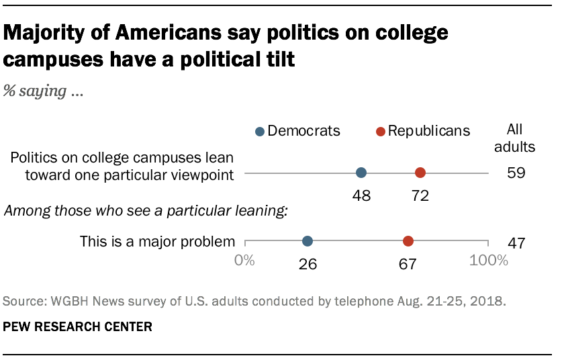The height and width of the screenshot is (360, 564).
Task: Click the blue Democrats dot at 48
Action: tap(361, 173)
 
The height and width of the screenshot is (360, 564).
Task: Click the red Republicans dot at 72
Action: tap(420, 173)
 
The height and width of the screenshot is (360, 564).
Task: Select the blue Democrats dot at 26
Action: tap(308, 241)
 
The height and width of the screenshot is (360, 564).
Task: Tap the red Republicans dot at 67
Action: tap(408, 241)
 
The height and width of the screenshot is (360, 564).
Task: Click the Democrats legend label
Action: tap(303, 130)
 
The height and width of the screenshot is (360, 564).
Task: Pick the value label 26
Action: tap(308, 264)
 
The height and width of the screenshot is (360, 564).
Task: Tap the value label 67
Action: tap(408, 264)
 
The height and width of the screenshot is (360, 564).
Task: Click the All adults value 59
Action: tap(516, 173)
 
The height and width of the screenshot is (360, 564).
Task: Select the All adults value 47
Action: tap(516, 242)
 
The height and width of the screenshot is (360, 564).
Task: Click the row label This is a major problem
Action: tap(157, 241)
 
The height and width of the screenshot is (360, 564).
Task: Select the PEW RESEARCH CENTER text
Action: tap(78, 328)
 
